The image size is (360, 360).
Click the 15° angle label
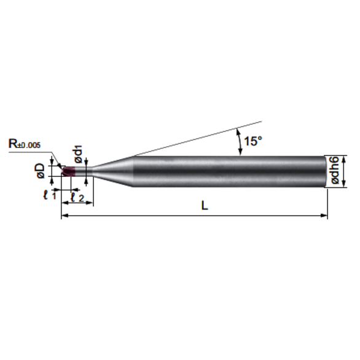pyautogui.click(x=252, y=141)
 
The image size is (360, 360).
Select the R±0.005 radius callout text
pyautogui.click(x=25, y=144)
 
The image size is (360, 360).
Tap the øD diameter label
pyautogui.click(x=41, y=171)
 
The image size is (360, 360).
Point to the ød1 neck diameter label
pyautogui.click(x=79, y=154)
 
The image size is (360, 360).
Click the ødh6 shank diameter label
pyautogui.click(x=335, y=170)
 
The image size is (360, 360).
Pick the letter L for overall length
pyautogui.click(x=205, y=205)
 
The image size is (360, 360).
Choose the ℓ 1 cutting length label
pyautogui.click(x=50, y=195)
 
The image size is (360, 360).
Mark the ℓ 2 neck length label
pyautogui.click(x=77, y=197)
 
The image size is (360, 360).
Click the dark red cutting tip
pyautogui.click(x=69, y=171)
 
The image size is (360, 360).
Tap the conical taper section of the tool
pyautogui.click(x=114, y=171)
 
